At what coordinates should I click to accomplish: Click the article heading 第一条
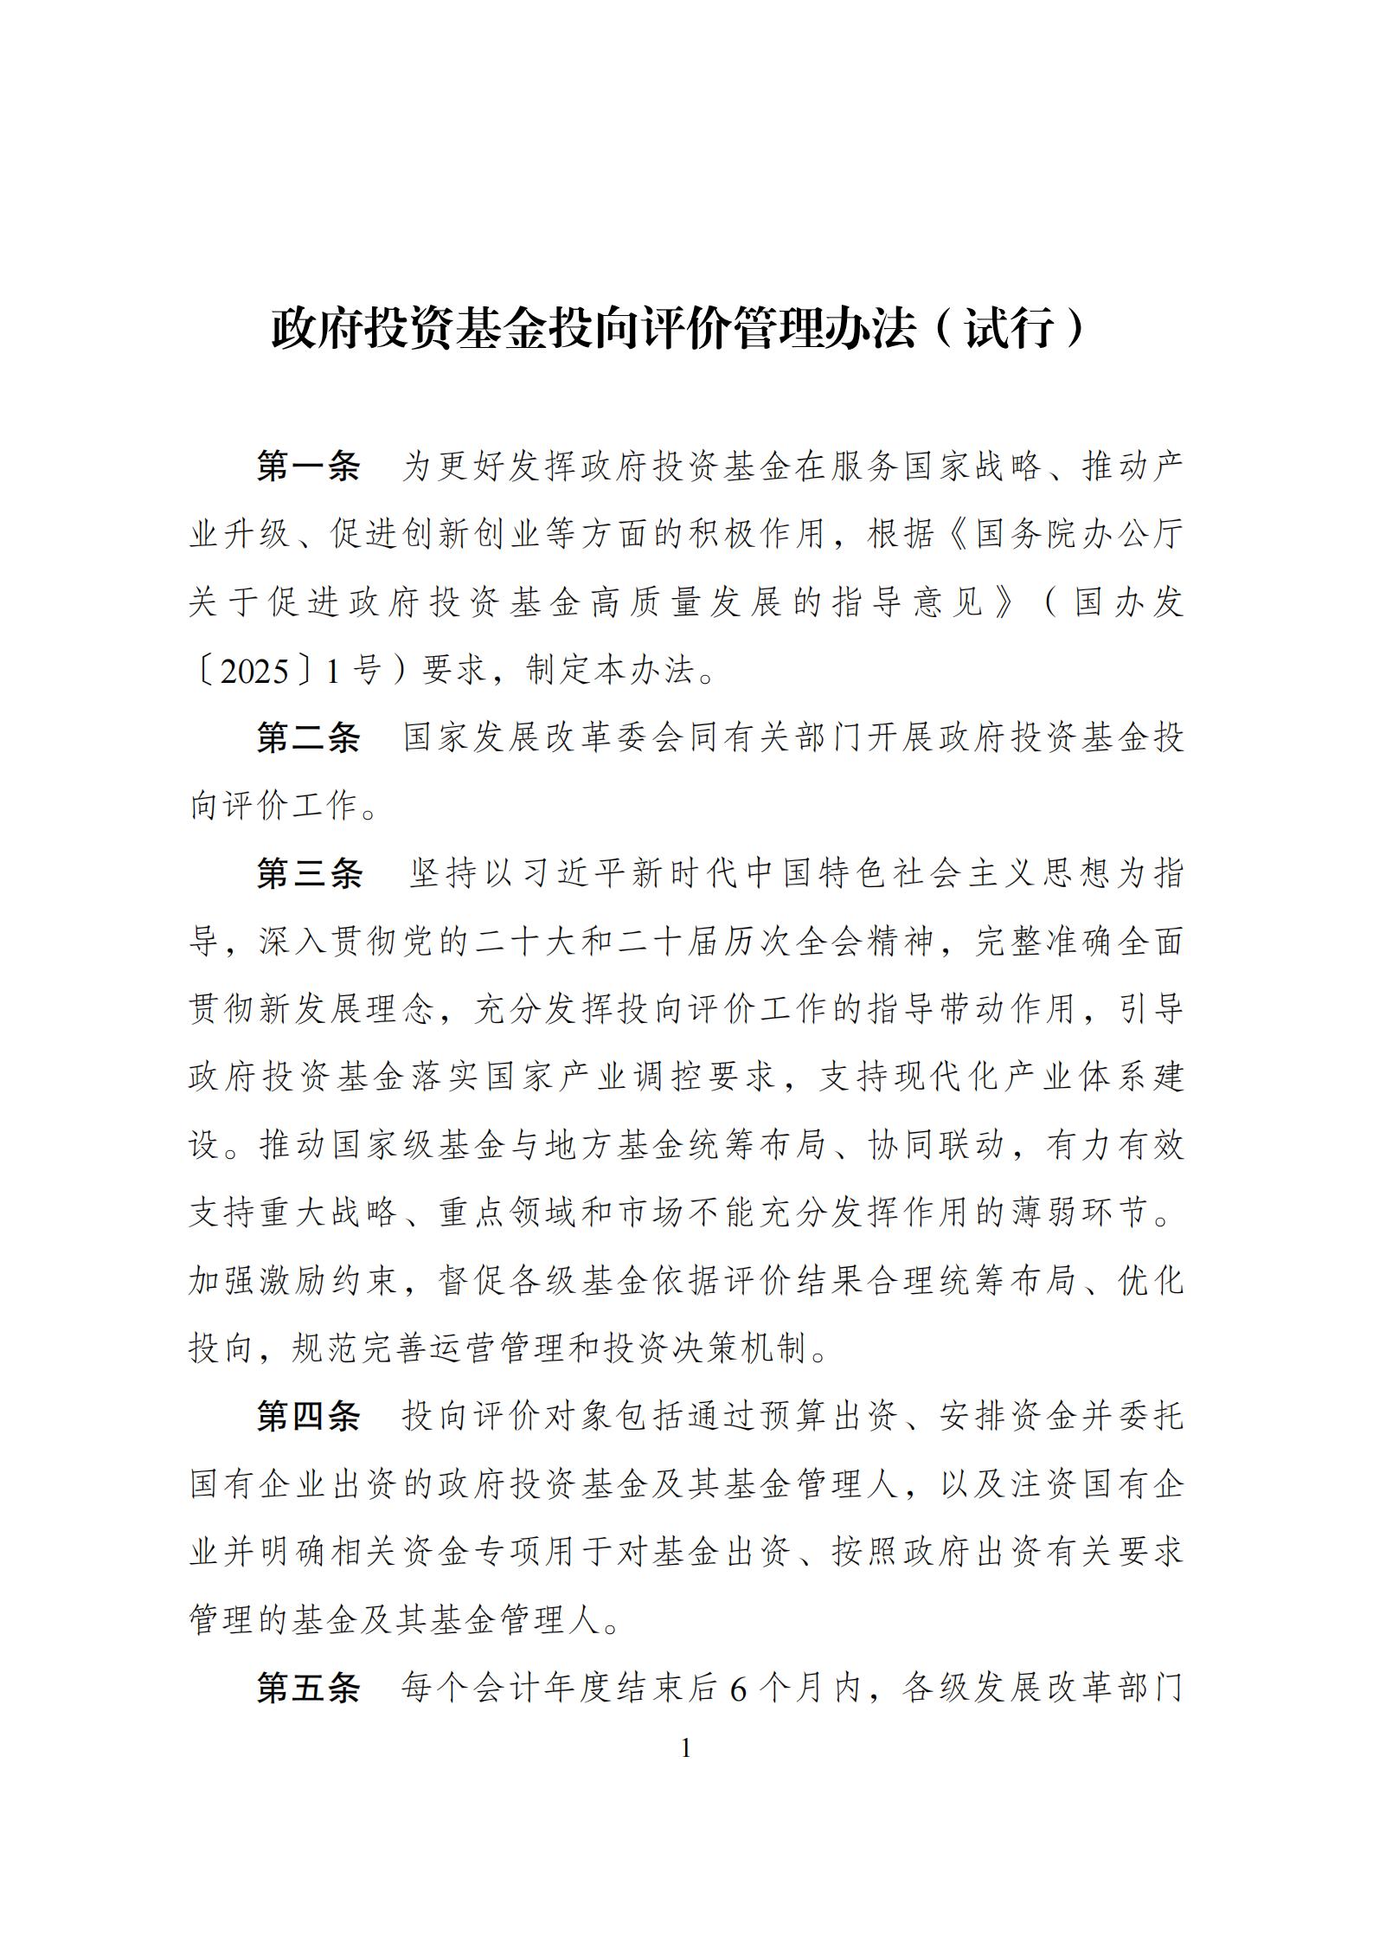308,467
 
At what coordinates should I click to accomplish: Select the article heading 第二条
308,738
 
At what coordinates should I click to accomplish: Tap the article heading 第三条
308,874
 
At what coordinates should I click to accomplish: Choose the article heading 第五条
308,1688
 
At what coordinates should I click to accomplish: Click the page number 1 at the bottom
686,1749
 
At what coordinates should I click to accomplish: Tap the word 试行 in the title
1009,330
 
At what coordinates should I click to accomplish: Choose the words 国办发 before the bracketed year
1128,603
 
